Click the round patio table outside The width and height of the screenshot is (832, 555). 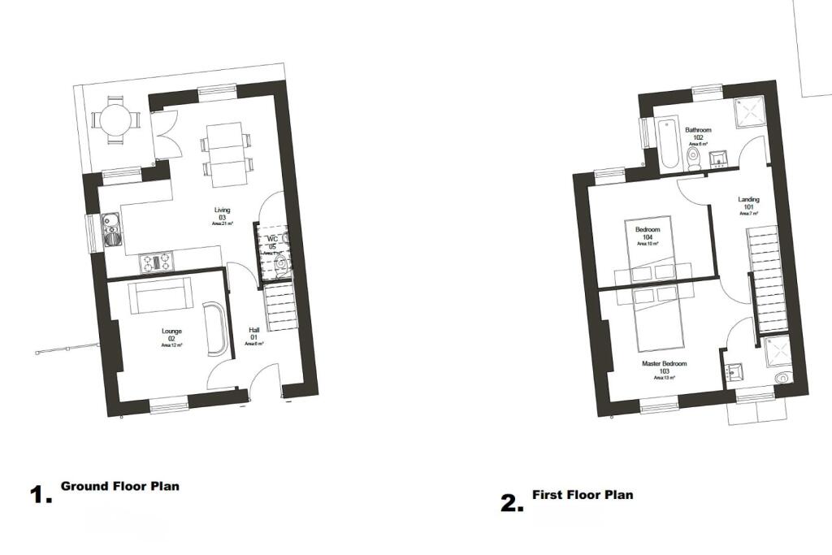115,121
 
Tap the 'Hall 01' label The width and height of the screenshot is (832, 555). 253,334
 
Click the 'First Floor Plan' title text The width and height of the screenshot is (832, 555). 582,495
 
